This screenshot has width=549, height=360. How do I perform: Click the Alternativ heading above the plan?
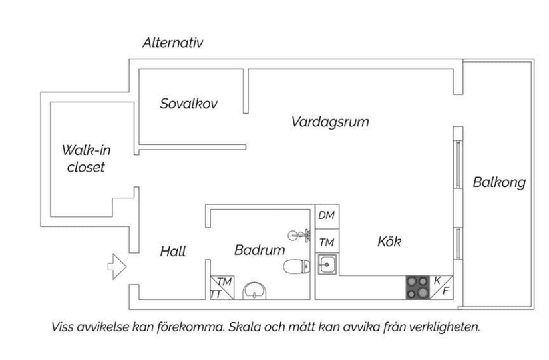point(172,43)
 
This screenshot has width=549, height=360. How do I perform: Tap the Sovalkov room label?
point(189,104)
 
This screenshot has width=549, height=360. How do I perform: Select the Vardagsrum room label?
point(330,122)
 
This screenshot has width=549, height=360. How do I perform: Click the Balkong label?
point(499,182)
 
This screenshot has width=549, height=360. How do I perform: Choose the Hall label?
point(173,252)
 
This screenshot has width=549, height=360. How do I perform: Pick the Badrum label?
point(260,250)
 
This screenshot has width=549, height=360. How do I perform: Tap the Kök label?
point(389,242)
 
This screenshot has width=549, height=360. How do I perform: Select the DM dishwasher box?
point(326,216)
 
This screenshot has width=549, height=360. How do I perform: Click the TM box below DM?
point(326,242)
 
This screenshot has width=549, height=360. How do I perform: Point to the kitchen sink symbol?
point(327,265)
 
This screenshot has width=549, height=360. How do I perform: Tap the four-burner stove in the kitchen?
point(418,287)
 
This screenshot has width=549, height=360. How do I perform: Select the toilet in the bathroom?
point(295,267)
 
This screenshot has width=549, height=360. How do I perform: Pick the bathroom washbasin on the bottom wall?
point(255,289)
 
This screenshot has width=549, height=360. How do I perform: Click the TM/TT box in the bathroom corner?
point(220,287)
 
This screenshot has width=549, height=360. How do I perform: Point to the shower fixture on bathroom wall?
point(300,234)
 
